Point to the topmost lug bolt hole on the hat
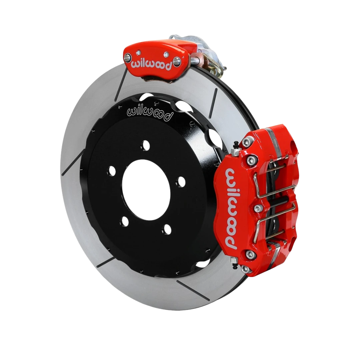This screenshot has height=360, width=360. pyautogui.click(x=145, y=145)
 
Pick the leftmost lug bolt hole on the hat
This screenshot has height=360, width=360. pyautogui.click(x=112, y=172)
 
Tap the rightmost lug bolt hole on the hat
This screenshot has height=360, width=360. pyautogui.click(x=181, y=181)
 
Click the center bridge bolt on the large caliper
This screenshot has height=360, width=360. pyautogui.click(x=257, y=209)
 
